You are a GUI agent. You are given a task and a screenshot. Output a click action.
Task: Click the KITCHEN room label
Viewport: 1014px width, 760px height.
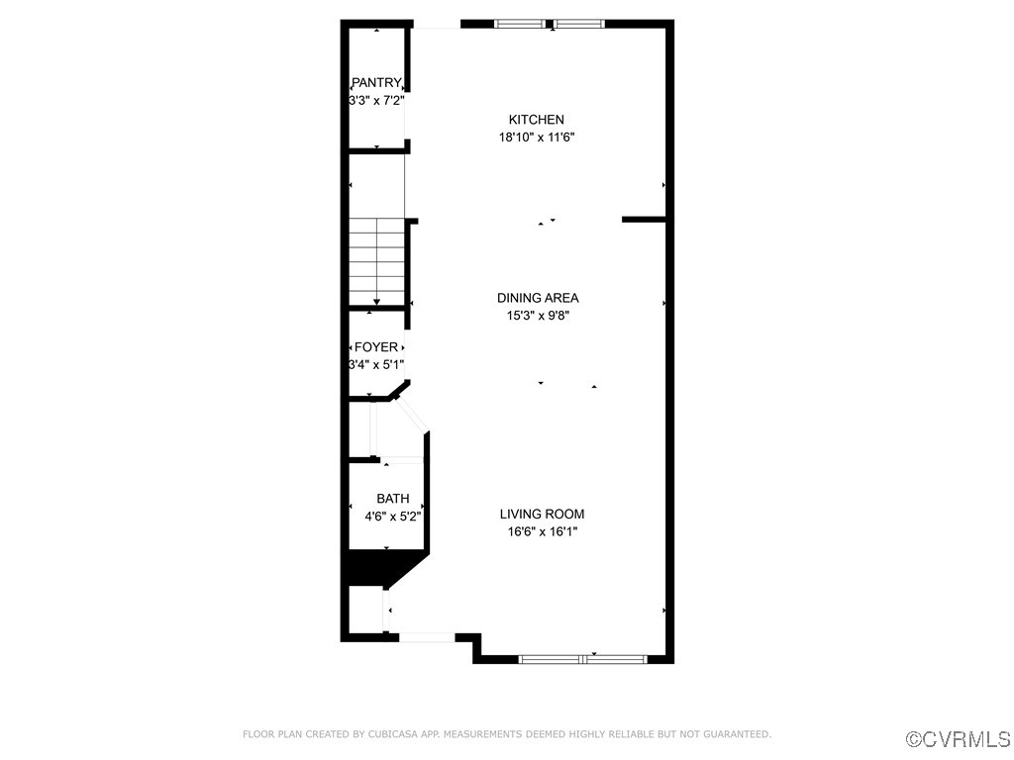tap(537, 120)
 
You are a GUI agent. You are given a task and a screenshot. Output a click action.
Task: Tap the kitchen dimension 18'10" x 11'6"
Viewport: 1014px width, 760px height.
tap(537, 138)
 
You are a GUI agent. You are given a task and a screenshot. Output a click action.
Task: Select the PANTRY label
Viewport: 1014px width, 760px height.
tap(376, 83)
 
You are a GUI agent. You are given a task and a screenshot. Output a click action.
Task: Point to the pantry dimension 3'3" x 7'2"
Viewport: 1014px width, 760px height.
tap(376, 101)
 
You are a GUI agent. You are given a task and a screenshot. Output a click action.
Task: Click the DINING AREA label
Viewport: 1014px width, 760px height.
tap(538, 298)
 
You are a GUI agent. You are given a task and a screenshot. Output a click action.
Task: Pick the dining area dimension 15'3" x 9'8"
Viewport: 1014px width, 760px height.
tap(538, 316)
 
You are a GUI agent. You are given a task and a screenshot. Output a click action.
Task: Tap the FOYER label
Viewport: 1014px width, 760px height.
tap(376, 347)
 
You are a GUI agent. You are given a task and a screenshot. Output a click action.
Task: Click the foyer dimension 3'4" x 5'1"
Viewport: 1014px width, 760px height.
tap(376, 365)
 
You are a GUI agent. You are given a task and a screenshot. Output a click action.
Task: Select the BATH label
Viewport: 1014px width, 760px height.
tap(392, 499)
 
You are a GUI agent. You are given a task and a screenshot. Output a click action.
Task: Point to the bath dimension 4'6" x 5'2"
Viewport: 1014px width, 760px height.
tap(393, 517)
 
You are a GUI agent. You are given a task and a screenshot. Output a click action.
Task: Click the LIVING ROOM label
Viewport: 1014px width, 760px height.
tap(542, 514)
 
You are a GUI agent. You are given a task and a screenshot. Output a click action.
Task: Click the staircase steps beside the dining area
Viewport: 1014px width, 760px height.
tap(376, 262)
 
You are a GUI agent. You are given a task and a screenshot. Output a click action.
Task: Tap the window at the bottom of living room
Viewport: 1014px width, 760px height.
tap(583, 658)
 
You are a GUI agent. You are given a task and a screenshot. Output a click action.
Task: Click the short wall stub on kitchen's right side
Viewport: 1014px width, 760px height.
tap(643, 219)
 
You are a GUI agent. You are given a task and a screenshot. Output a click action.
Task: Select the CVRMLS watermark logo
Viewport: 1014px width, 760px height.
tap(959, 739)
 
